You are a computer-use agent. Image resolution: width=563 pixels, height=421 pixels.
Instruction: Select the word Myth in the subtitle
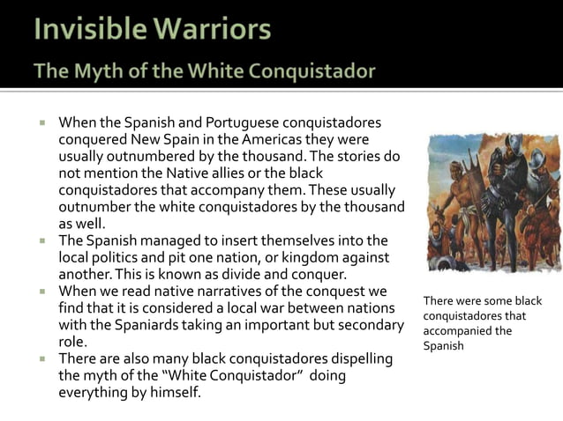[91, 71]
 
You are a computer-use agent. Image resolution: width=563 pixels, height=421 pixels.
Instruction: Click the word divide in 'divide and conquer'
[225, 273]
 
